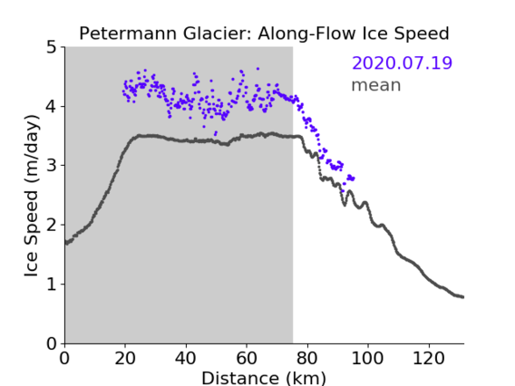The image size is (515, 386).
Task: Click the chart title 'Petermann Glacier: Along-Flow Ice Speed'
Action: [264, 34]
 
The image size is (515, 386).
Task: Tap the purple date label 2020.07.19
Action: [402, 63]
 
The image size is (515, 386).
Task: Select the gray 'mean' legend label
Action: [376, 85]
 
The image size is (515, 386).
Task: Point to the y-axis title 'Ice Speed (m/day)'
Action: [32, 196]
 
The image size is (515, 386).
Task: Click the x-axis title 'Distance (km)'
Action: [264, 378]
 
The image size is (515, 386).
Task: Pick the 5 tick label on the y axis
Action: [52, 47]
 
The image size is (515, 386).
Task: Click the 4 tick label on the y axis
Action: [52, 106]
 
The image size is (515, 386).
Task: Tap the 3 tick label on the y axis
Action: [52, 166]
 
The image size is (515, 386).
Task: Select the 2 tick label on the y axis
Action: [52, 225]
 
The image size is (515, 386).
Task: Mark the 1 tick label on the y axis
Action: [52, 284]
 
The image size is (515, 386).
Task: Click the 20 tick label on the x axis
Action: [125, 358]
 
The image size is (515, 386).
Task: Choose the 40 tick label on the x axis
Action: [186, 358]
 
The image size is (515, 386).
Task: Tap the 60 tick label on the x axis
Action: [247, 358]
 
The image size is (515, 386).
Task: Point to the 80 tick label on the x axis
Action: [307, 358]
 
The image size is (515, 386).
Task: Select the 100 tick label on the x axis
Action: [367, 358]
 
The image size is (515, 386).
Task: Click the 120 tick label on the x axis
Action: [428, 358]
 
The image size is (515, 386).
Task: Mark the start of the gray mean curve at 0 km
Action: [65, 243]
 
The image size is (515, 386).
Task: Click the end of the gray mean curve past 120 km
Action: [462, 297]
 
